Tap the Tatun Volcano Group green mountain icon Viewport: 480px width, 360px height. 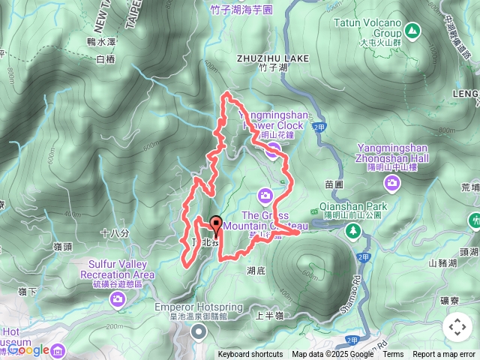(x=412, y=30)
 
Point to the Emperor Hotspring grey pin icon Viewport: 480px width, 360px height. (x=198, y=331)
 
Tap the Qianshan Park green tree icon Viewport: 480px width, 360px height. (x=352, y=229)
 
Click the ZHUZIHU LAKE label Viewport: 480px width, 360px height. (x=262, y=56)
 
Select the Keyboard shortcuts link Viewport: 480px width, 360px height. (x=250, y=355)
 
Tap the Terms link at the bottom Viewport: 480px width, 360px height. (x=393, y=355)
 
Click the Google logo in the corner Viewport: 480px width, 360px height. (x=28, y=349)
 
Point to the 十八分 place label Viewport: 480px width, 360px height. (x=115, y=234)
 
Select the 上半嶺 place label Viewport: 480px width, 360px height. (x=267, y=316)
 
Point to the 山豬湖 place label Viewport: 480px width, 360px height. (x=442, y=262)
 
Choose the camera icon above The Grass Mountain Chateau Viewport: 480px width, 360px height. (x=265, y=196)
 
